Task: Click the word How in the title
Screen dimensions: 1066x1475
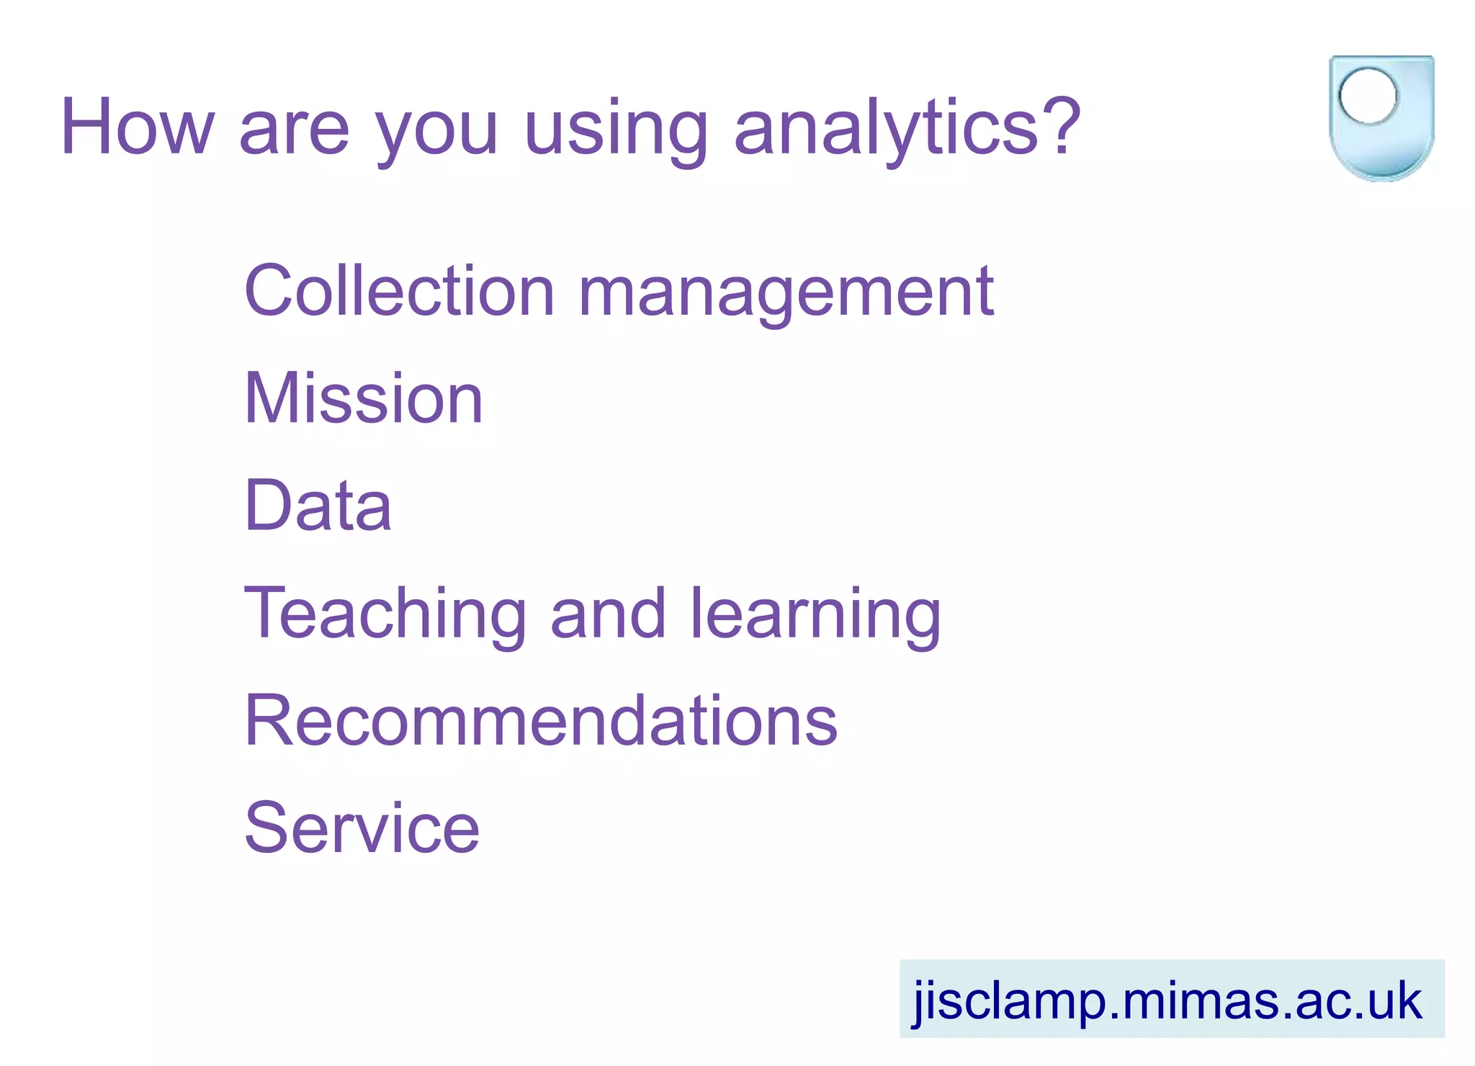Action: tap(137, 127)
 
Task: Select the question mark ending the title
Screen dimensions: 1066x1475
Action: tap(1062, 126)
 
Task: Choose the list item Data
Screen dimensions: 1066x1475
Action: tap(318, 506)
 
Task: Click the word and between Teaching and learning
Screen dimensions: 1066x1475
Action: tap(608, 614)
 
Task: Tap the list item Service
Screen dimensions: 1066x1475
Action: tap(362, 828)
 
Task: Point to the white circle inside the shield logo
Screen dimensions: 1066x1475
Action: tap(1368, 96)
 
